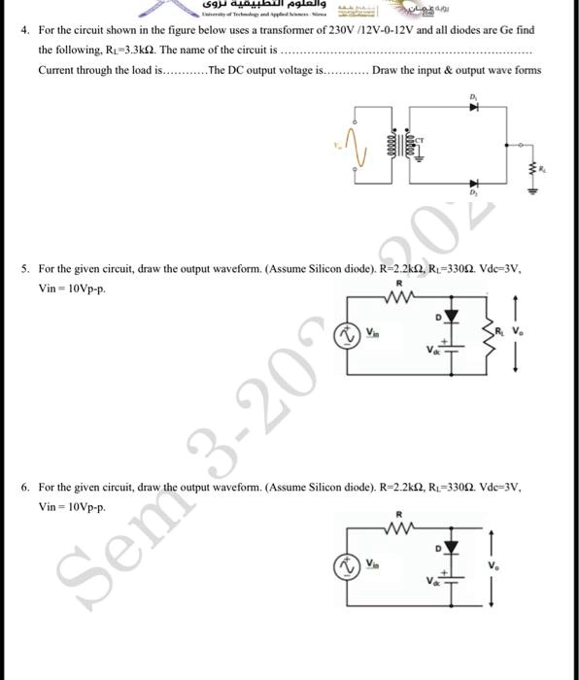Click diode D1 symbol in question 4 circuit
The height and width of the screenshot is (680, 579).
(474, 108)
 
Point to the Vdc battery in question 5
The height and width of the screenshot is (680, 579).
(448, 349)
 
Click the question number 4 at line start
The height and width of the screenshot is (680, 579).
(24, 30)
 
